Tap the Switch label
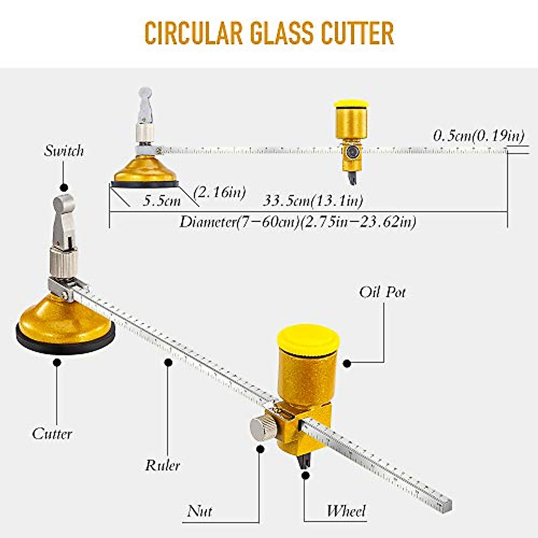[64, 151]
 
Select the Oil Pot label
[382, 292]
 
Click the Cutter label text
[52, 434]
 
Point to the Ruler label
[162, 465]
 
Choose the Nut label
[200, 511]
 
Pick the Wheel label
[346, 511]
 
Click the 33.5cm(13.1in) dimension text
[312, 200]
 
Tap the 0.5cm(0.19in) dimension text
[478, 136]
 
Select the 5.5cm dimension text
[162, 200]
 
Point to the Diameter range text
[298, 221]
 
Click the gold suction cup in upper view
[144, 170]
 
